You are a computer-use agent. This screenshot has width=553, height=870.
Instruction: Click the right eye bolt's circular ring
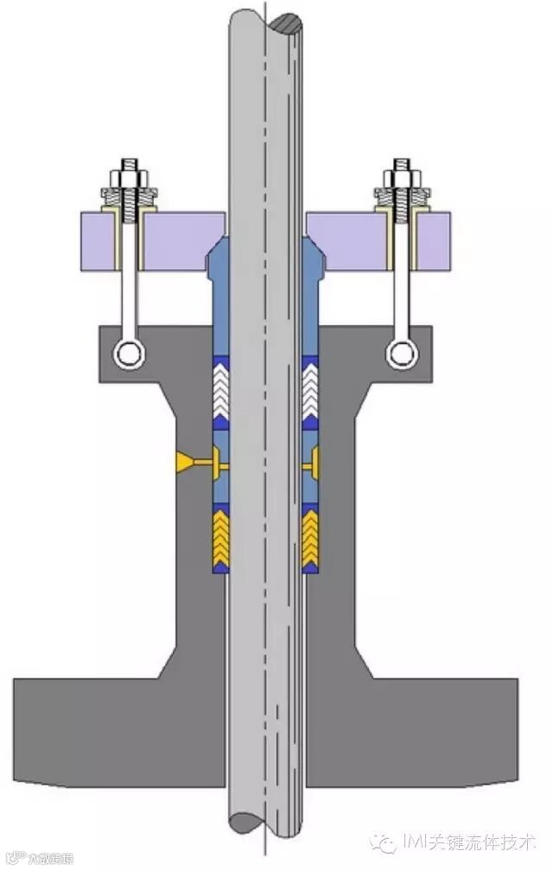(398, 352)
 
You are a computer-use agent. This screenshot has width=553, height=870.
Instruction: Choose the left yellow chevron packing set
(222, 536)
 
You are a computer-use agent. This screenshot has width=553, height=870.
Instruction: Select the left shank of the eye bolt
(130, 285)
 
